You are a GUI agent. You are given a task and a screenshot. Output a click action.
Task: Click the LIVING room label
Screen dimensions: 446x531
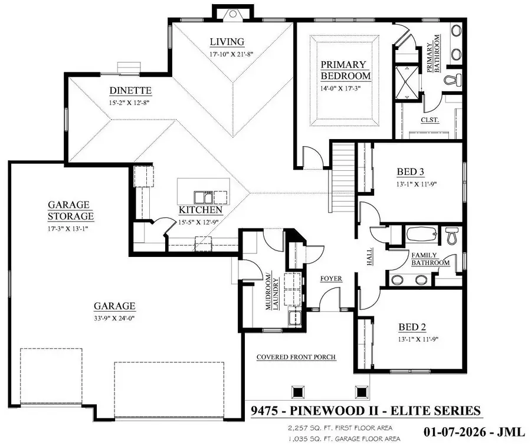227,42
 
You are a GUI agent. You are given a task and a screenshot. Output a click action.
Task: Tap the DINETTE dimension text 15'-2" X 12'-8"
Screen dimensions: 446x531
130,103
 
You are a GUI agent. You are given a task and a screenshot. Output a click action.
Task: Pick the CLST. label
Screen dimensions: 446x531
429,120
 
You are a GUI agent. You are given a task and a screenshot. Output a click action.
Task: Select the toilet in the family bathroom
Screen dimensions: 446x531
453,236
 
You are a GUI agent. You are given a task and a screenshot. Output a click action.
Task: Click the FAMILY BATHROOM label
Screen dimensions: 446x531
430,259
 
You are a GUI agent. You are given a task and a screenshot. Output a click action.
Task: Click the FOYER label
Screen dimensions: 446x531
331,279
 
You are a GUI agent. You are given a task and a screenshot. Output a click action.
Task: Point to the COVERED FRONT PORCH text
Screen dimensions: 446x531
296,357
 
